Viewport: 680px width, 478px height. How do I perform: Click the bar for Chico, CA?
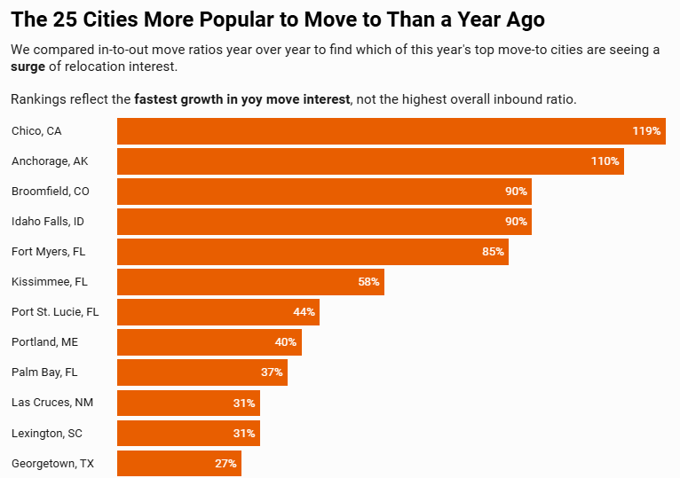[391, 131]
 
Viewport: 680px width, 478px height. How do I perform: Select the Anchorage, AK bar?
[370, 161]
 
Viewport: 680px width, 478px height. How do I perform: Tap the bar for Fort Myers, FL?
[312, 252]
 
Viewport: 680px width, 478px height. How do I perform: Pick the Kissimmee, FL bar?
[250, 282]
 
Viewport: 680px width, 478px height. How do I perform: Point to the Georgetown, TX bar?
[179, 463]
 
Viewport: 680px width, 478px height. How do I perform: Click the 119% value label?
[646, 131]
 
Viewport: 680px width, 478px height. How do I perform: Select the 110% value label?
[605, 161]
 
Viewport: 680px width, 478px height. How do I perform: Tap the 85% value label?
[493, 252]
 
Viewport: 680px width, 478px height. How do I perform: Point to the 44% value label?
[304, 312]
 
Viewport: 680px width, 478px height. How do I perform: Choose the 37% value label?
[272, 372]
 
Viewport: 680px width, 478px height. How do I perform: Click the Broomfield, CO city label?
[50, 192]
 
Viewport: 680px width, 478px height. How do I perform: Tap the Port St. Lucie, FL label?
[55, 312]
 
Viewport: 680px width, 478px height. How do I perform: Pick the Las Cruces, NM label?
[52, 403]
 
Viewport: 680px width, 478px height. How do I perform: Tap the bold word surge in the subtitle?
[29, 67]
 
